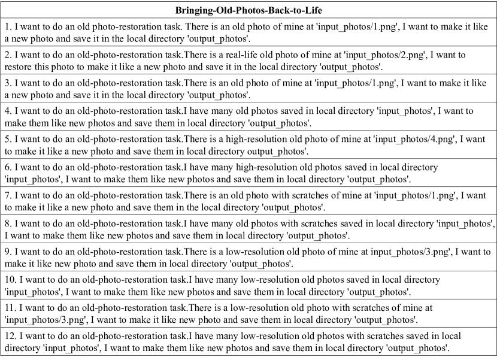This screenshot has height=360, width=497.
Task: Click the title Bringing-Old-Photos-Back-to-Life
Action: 248,11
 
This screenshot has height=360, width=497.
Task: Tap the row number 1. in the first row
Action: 7,28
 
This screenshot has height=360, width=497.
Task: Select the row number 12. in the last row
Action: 10,338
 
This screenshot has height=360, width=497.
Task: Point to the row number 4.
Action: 7,111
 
